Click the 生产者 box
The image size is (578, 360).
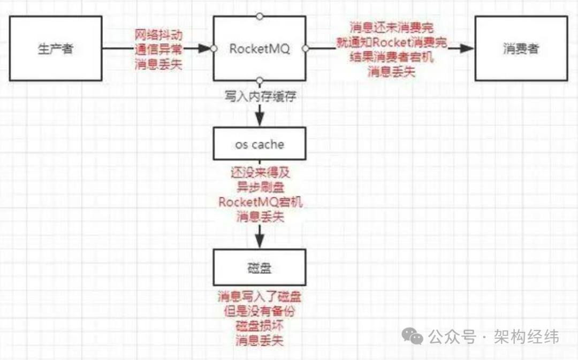56,49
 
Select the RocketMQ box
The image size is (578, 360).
260,49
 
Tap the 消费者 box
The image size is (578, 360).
521,49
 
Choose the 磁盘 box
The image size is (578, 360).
260,267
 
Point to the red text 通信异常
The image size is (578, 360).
158,49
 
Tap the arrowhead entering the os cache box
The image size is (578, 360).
260,119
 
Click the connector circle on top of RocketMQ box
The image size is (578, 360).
260,16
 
